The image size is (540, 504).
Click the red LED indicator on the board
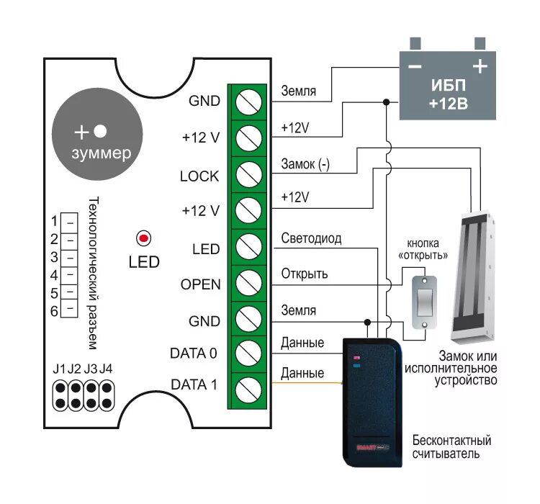coord(143,238)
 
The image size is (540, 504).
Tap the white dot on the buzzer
coord(100,131)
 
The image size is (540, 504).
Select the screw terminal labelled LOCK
coord(248,175)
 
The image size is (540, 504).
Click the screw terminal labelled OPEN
coord(248,282)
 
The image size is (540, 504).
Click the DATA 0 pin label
coord(194,353)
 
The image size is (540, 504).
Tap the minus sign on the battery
coord(415,66)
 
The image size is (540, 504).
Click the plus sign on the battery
coord(480,66)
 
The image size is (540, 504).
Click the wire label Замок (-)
coord(305,164)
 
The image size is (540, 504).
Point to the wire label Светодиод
coord(311,238)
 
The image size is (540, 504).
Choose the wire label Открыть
coord(305,274)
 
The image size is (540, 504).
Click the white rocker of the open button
coord(424,301)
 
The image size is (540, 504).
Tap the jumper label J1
coord(59,369)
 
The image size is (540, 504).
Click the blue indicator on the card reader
coord(356,366)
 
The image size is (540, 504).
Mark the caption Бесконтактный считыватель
coord(451,446)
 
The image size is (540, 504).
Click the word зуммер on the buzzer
coord(102,153)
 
